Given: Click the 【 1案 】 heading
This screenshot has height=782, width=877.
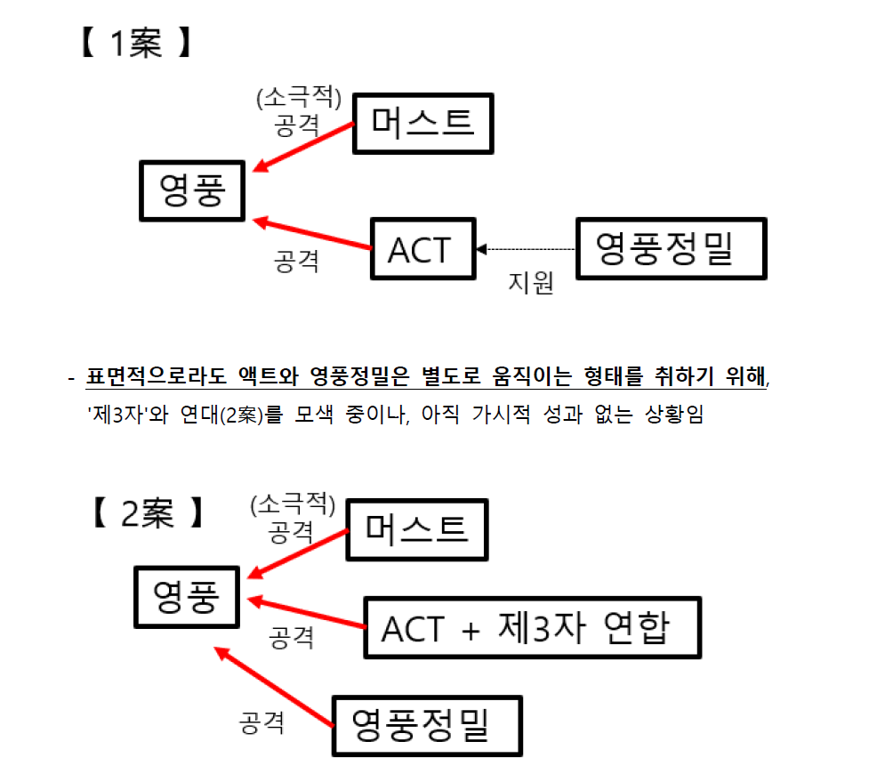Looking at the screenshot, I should pyautogui.click(x=134, y=44).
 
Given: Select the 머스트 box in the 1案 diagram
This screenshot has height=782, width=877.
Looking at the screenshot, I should pyautogui.click(x=422, y=123).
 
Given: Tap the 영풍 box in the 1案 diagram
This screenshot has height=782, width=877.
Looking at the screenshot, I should pyautogui.click(x=191, y=189).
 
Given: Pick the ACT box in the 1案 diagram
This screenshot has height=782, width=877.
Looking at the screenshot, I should pyautogui.click(x=421, y=249).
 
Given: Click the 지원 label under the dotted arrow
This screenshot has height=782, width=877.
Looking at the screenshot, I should pyautogui.click(x=530, y=283).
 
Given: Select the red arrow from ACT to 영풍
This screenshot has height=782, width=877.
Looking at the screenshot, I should pyautogui.click(x=311, y=233).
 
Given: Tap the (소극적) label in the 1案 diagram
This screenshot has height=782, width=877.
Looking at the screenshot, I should pyautogui.click(x=298, y=96).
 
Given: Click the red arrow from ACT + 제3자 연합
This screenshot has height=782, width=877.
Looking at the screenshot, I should pyautogui.click(x=307, y=614).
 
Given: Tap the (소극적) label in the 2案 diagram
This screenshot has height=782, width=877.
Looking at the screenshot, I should pyautogui.click(x=293, y=505).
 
